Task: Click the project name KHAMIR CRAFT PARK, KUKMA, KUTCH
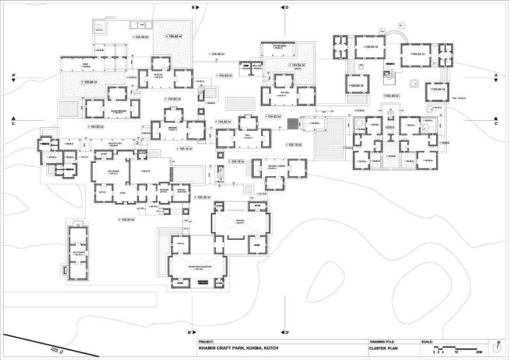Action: pyautogui.click(x=239, y=349)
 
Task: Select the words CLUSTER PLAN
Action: pyautogui.click(x=384, y=349)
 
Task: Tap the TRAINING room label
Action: pyautogui.click(x=240, y=221)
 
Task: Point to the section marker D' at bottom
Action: pyautogui.click(x=287, y=333)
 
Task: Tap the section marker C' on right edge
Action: pyautogui.click(x=496, y=123)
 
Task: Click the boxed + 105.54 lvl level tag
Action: pyautogui.click(x=126, y=219)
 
